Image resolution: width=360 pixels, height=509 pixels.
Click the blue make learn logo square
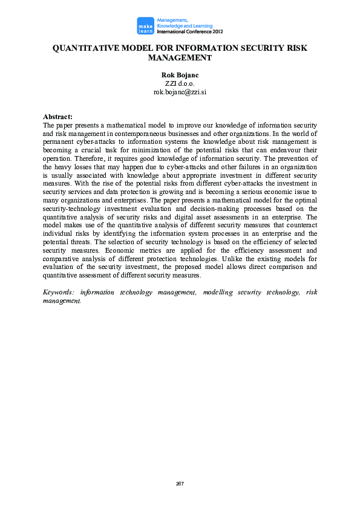point(145,25)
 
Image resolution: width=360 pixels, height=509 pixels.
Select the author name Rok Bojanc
point(180,75)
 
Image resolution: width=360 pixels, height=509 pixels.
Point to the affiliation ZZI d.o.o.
point(180,83)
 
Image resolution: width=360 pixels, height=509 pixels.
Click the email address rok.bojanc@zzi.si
point(180,92)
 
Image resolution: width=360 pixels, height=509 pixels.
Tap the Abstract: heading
point(57,117)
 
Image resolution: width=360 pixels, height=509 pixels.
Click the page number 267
point(180,484)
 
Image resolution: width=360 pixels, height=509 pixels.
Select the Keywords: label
point(59,292)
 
